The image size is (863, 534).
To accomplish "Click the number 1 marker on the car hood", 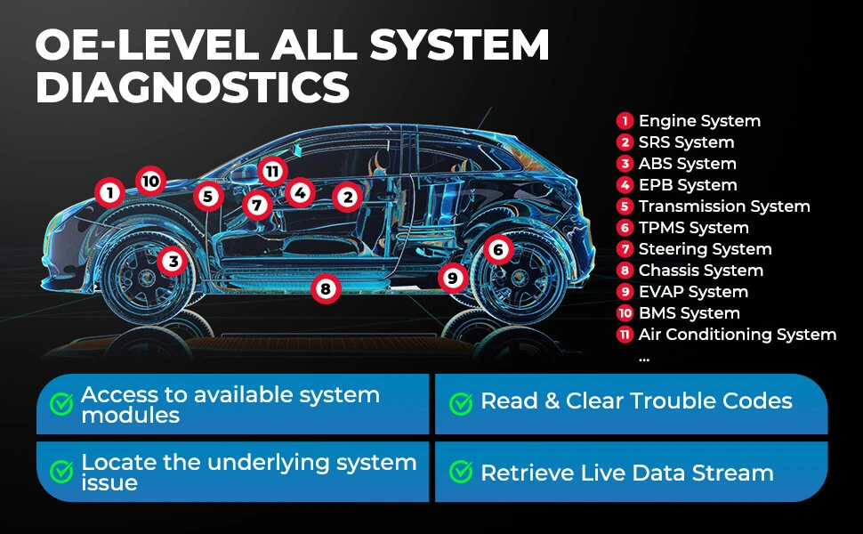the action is pos(110,192).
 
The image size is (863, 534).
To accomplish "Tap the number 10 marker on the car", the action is pos(151,181).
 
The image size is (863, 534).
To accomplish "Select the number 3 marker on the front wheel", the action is pos(173,261).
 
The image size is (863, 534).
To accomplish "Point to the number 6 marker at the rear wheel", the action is pos(498,249).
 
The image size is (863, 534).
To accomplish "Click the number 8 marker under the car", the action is pos(326,288).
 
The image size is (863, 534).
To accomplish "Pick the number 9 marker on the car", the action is pos(453,278).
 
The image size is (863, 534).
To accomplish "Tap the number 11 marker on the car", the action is pos(272,171).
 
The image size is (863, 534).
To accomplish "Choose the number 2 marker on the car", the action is pos(348,197).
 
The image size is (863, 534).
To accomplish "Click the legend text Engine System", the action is pos(699,121).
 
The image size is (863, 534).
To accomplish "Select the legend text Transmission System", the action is pos(724,206).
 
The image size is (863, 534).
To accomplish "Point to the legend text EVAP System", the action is pos(693,292).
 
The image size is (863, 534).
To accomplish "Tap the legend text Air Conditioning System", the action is pos(738,335).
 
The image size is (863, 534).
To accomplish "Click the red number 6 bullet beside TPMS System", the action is pos(625,228).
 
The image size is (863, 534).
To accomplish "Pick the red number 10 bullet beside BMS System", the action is pos(625,313).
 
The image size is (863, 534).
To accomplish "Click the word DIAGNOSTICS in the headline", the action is pos(193,87).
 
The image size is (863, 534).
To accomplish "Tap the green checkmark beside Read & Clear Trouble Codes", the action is pos(461,403).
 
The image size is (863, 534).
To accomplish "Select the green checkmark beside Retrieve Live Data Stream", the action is pos(461,471).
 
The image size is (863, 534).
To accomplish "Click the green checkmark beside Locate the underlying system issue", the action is pos(61,471).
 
